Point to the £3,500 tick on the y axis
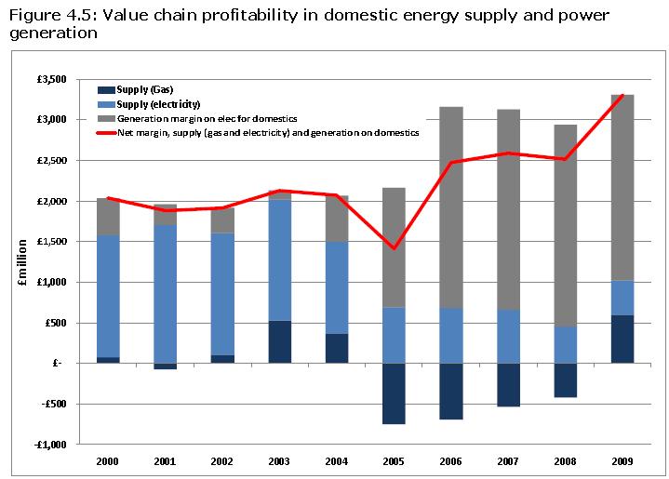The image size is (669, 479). (x=51, y=79)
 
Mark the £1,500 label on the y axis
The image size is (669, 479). (x=51, y=242)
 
